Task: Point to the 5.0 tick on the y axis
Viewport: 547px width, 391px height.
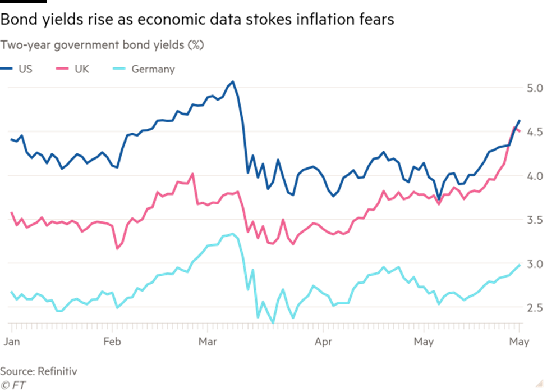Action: coord(534,88)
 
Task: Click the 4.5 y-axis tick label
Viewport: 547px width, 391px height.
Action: coord(534,132)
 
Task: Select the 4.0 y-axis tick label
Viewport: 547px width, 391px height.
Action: coord(534,176)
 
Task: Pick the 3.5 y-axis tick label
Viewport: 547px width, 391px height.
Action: coord(534,220)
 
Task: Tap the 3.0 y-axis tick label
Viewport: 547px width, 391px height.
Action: coord(534,263)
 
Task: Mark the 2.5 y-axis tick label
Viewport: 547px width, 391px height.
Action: coord(534,307)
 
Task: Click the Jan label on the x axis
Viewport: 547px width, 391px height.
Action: coord(11,341)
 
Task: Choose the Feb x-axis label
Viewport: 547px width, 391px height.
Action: coord(112,341)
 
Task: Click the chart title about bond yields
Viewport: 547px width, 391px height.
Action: coord(102,45)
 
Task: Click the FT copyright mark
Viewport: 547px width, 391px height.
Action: coord(13,385)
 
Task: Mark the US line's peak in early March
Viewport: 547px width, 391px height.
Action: coord(233,81)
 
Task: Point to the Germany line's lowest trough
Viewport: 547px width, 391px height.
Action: coord(273,322)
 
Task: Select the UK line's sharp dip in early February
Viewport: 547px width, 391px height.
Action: coord(117,248)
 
